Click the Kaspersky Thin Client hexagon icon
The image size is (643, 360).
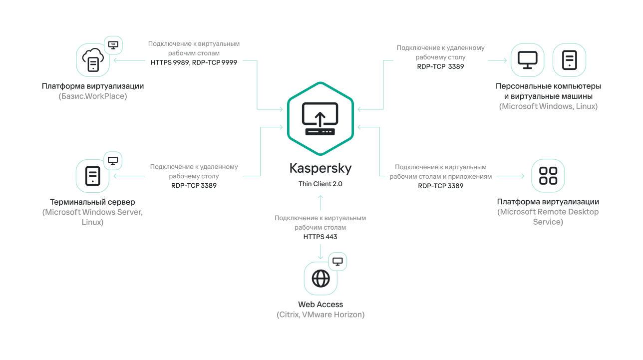tap(320, 118)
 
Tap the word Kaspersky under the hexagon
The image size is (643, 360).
tap(320, 168)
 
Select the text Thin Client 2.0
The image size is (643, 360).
tap(320, 184)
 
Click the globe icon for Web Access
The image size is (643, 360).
tap(321, 278)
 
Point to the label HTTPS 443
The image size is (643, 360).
tap(320, 237)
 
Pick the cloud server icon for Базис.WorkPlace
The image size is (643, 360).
tap(93, 60)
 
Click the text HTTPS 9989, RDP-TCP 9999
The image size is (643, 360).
tap(194, 62)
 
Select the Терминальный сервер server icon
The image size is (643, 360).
tap(93, 176)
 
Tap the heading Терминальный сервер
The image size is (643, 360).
tap(92, 202)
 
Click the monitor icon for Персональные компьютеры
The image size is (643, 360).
tap(527, 60)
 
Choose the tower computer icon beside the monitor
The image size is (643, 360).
tap(569, 60)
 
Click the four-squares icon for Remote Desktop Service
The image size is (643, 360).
tap(548, 176)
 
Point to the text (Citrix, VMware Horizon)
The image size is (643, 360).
tap(321, 315)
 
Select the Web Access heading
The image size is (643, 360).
tap(321, 304)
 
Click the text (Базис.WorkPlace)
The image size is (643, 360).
tap(93, 96)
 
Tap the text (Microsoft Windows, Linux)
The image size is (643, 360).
tap(548, 106)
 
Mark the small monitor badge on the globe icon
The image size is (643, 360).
tap(338, 261)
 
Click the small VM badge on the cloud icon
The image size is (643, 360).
tap(113, 45)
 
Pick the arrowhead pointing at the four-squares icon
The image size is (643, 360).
tap(523, 176)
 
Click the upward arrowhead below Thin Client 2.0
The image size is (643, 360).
tap(321, 197)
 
